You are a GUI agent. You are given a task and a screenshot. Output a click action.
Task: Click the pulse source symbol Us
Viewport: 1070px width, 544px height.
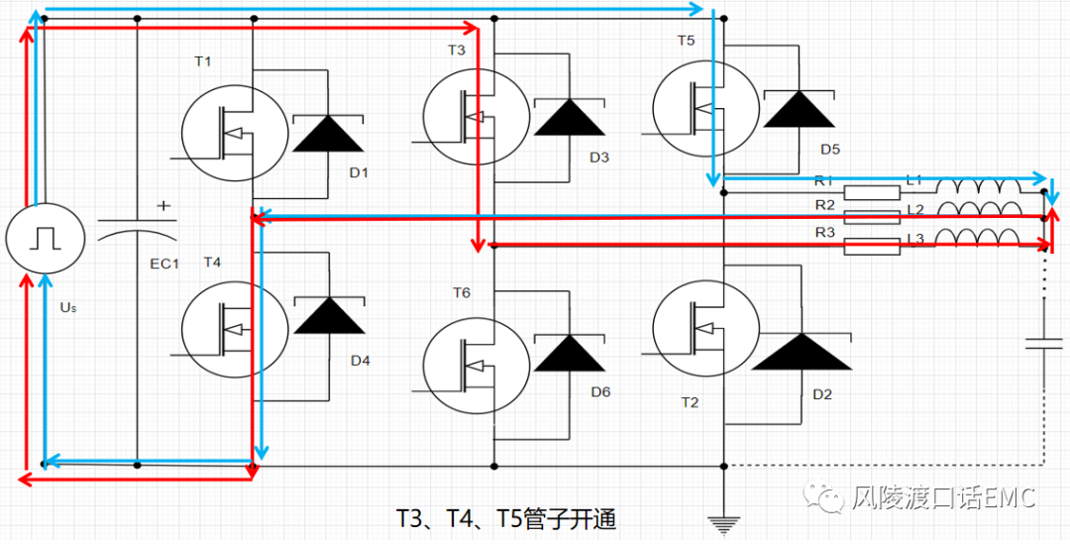pyautogui.click(x=42, y=238)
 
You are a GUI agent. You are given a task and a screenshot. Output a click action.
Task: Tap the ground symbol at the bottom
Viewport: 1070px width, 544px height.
pyautogui.click(x=724, y=522)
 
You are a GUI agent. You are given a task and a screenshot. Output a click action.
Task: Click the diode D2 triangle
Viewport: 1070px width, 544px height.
pyautogui.click(x=801, y=352)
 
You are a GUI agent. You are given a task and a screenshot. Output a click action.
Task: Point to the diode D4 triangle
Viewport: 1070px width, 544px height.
pyautogui.click(x=327, y=315)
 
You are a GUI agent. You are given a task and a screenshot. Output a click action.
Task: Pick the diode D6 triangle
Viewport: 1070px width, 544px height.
pyautogui.click(x=570, y=354)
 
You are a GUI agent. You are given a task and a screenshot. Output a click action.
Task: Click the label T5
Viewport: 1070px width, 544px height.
pyautogui.click(x=686, y=41)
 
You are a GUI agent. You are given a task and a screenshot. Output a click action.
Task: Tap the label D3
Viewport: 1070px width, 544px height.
pyautogui.click(x=599, y=158)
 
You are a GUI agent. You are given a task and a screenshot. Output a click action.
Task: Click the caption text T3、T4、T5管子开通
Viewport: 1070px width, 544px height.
pyautogui.click(x=505, y=519)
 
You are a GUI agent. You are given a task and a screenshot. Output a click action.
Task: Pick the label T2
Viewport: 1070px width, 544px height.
pyautogui.click(x=690, y=402)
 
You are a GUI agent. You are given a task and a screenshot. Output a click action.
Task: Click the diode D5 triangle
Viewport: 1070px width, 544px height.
pyautogui.click(x=800, y=108)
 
